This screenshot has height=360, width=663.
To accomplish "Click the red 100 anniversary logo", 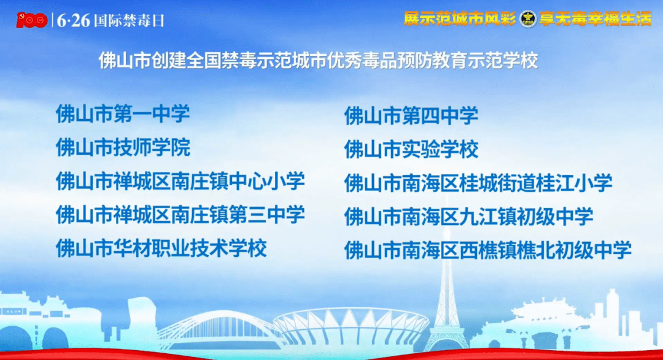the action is click(31, 20).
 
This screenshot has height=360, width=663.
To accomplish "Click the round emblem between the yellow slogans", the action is click(528, 18).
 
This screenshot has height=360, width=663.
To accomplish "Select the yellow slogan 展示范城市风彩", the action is click(460, 18).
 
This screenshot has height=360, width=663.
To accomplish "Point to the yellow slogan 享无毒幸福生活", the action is click(595, 18).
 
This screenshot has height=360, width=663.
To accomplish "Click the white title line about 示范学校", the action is click(318, 60).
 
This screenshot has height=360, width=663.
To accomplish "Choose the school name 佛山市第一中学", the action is click(123, 114).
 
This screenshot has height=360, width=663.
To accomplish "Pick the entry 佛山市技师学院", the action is click(123, 147).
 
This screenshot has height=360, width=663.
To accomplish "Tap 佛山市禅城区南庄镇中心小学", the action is click(180, 181).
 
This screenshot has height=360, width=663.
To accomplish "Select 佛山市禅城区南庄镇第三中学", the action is click(180, 214).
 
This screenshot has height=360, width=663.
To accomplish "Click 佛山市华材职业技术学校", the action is click(161, 248).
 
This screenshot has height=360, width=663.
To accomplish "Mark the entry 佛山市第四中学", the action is click(411, 115).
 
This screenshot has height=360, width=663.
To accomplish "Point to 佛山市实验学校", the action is click(411, 149).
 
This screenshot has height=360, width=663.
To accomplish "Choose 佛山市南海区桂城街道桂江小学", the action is click(478, 182).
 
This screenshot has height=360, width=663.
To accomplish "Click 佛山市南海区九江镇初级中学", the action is click(468, 217).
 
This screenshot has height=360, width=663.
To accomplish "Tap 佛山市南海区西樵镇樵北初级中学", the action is click(488, 250).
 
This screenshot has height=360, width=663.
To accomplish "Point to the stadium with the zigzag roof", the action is click(351, 326).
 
